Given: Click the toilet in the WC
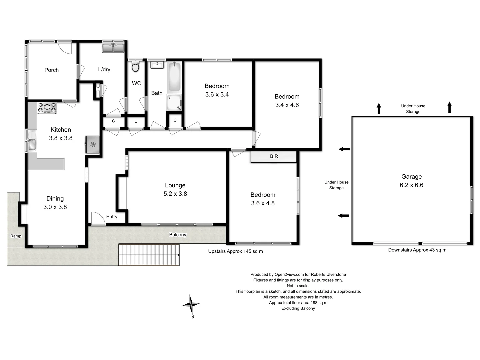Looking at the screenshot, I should point(135,67).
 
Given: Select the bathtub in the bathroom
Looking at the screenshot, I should point(174,77).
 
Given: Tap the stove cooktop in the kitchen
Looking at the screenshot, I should point(47,108).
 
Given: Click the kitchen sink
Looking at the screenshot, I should point(32,140).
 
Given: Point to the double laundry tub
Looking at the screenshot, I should point(113,47).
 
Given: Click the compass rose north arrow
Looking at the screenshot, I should point(191,304).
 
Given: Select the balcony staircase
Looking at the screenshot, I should point(149,255).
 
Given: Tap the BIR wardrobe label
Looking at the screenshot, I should point(274,156).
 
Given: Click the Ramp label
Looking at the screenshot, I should point(16,236).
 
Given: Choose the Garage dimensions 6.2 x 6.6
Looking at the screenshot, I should point(411,185).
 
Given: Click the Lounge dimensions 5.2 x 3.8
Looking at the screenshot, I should point(175,194).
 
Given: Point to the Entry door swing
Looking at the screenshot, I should point(98,218).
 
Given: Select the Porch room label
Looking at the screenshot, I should point(51,70).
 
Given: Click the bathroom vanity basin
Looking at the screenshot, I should point(157,65).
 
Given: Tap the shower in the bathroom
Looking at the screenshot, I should point(174,102).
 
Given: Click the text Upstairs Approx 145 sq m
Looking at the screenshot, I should point(235,251).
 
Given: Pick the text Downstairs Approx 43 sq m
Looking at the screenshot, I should point(417,250).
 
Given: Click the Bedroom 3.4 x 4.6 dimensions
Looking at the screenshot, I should point(287,105).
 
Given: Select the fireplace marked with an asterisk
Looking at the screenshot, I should point(93,145).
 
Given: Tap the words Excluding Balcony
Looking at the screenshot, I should point(298,309).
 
